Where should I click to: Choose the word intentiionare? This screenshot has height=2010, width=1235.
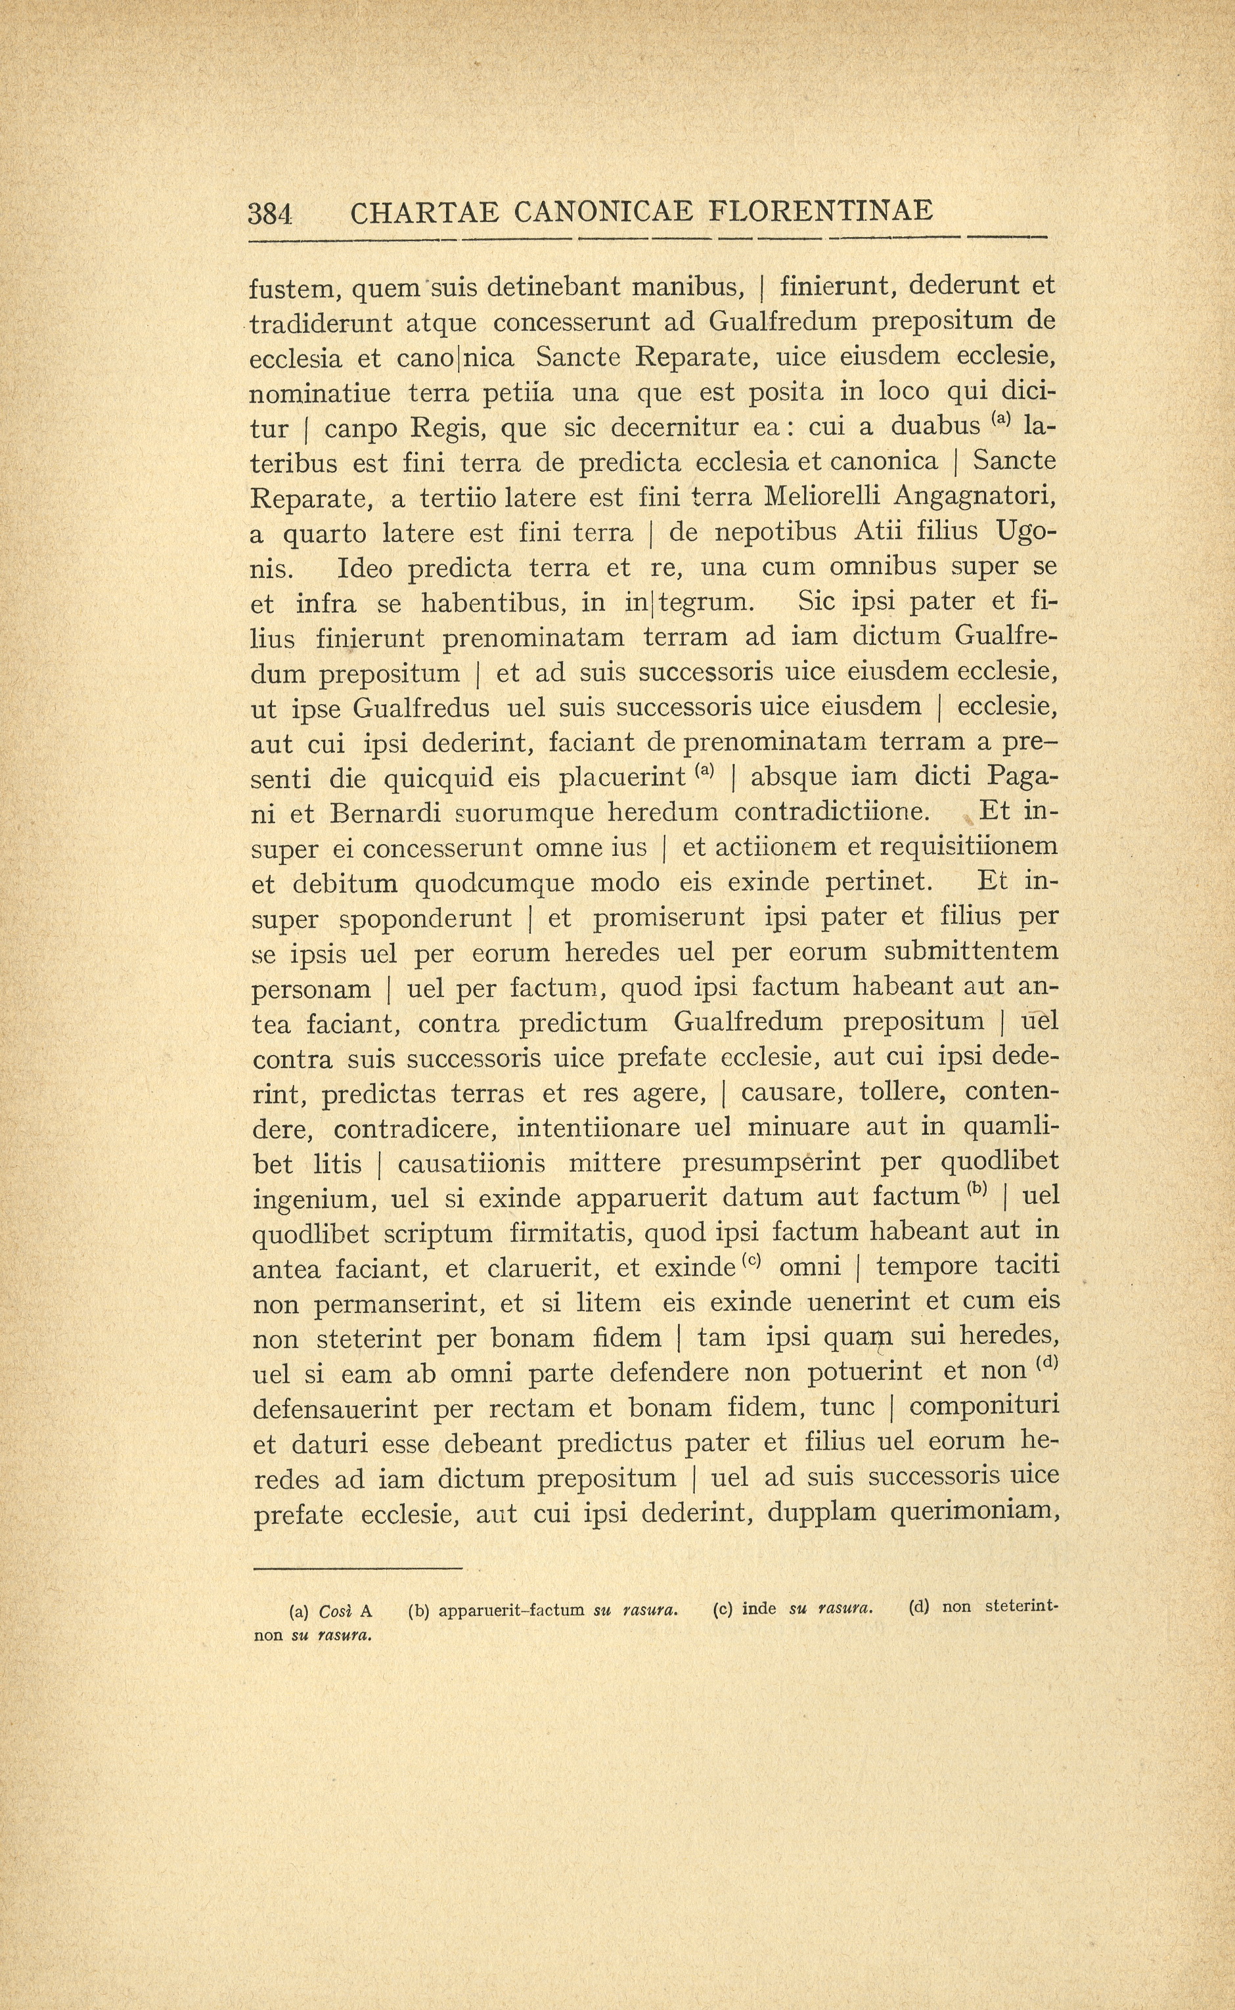(598, 1128)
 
